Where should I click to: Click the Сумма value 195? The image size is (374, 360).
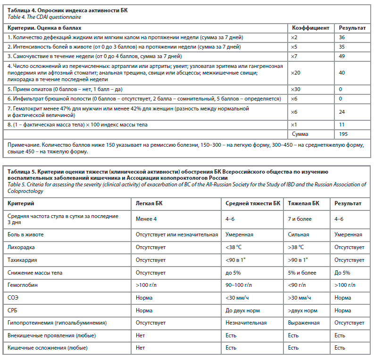343,134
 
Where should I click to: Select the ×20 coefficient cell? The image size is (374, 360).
295,73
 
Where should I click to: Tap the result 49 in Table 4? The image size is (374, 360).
342,56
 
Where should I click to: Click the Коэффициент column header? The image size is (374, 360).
310,28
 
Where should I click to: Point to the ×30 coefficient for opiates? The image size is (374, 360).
295,89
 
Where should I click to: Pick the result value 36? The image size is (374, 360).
342,37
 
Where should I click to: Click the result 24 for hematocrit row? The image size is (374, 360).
342,112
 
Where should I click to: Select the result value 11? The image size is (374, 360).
341,125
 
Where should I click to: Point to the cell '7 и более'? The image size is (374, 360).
300,219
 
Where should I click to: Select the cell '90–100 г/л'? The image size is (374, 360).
239,285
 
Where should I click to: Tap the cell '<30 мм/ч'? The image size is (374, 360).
237,298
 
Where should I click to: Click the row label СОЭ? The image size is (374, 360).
14,298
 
